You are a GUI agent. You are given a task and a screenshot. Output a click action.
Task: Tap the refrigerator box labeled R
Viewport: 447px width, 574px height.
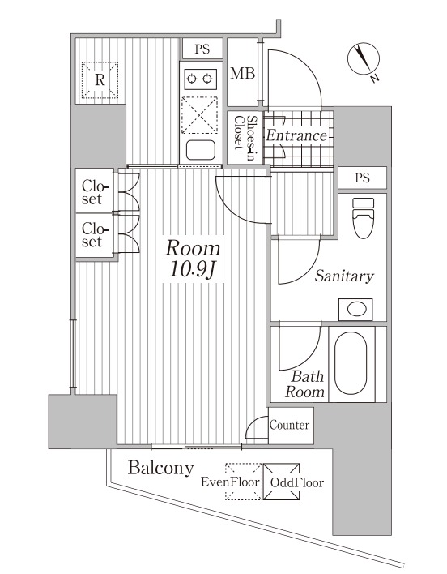coord(100,79)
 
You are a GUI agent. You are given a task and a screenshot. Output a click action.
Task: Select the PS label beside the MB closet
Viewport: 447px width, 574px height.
coord(202,49)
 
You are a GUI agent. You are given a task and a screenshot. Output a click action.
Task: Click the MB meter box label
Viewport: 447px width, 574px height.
coord(242,74)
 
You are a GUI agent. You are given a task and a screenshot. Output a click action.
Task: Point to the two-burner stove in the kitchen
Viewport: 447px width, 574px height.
coord(200,78)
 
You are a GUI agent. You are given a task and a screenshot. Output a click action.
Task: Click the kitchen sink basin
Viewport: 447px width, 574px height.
coord(200,149)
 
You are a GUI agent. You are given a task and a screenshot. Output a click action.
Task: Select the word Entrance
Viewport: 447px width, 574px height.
coord(296,135)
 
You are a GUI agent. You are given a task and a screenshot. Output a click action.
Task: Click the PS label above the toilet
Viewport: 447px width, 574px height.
coord(361,178)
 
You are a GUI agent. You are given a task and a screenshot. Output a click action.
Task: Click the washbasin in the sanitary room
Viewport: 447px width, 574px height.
coord(355,309)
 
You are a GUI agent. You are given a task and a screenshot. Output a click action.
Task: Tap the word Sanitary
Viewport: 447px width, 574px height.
coord(344,276)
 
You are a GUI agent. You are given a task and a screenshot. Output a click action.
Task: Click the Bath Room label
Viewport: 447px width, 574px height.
coord(306,384)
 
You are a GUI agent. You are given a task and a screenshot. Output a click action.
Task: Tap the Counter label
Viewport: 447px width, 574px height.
coord(289,425)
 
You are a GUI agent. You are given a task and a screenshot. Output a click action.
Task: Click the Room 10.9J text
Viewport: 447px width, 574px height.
coord(192,259)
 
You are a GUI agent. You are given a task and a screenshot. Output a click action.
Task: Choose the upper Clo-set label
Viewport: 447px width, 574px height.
coord(92,191)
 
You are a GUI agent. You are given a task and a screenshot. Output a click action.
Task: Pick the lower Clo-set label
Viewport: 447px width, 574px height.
coord(92,235)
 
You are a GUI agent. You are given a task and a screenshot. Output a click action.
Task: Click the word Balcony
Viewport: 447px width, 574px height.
coord(160,468)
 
